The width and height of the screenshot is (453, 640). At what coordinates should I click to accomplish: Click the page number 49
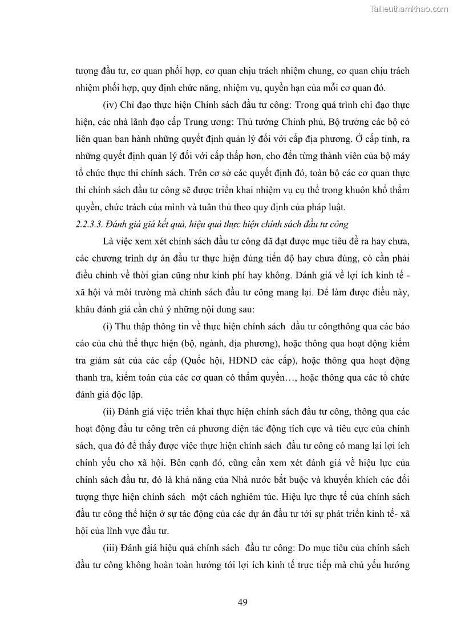coord(242,602)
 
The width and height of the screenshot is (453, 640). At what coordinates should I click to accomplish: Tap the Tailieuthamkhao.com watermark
coord(410,9)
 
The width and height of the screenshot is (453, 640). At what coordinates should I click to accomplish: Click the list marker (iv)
coord(110,105)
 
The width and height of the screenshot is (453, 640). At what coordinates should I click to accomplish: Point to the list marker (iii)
coord(111,548)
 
